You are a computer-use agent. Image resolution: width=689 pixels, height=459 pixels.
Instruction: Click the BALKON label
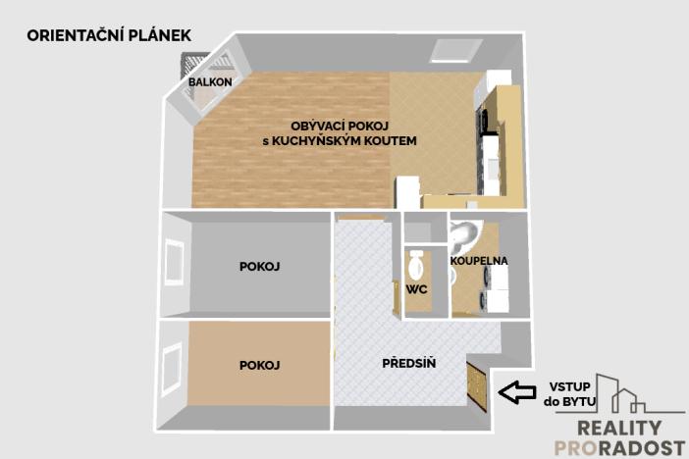[x=210, y=82]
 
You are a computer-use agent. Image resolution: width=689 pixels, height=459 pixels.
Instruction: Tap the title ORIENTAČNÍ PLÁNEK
[x=108, y=35]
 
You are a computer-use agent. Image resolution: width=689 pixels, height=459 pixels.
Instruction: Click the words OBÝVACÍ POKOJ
[x=340, y=126]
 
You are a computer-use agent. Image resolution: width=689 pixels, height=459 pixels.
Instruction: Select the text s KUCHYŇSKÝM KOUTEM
[x=340, y=141]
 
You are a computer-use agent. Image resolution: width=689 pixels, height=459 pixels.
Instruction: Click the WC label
[x=415, y=289]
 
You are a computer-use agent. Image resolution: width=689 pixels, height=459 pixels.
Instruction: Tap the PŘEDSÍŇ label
[x=408, y=365]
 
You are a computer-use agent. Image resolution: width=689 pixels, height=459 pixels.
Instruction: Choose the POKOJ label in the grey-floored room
[x=260, y=267]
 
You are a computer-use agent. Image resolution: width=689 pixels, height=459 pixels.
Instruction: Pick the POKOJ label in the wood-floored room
[x=260, y=365]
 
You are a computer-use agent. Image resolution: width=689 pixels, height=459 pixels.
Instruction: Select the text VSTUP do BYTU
[x=564, y=392]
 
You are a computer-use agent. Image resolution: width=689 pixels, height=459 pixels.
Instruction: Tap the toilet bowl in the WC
[x=416, y=263]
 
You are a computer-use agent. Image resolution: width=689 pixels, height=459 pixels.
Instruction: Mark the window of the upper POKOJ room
[x=174, y=263]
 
